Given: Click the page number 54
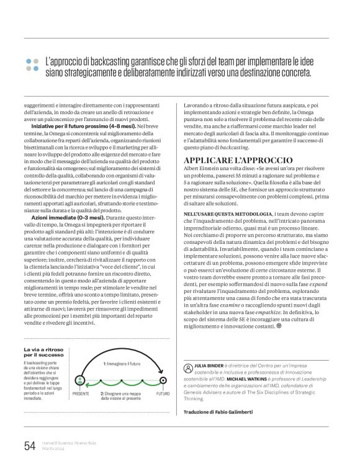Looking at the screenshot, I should tap(29, 444).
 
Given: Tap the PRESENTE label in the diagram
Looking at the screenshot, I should tap(81, 393).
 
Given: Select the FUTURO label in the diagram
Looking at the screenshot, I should tap(163, 393).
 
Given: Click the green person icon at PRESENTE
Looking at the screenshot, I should tap(79, 380).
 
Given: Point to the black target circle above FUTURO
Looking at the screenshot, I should tap(163, 380).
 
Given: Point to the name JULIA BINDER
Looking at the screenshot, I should tap(206, 367).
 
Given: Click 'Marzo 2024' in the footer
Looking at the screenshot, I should tap(55, 449).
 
